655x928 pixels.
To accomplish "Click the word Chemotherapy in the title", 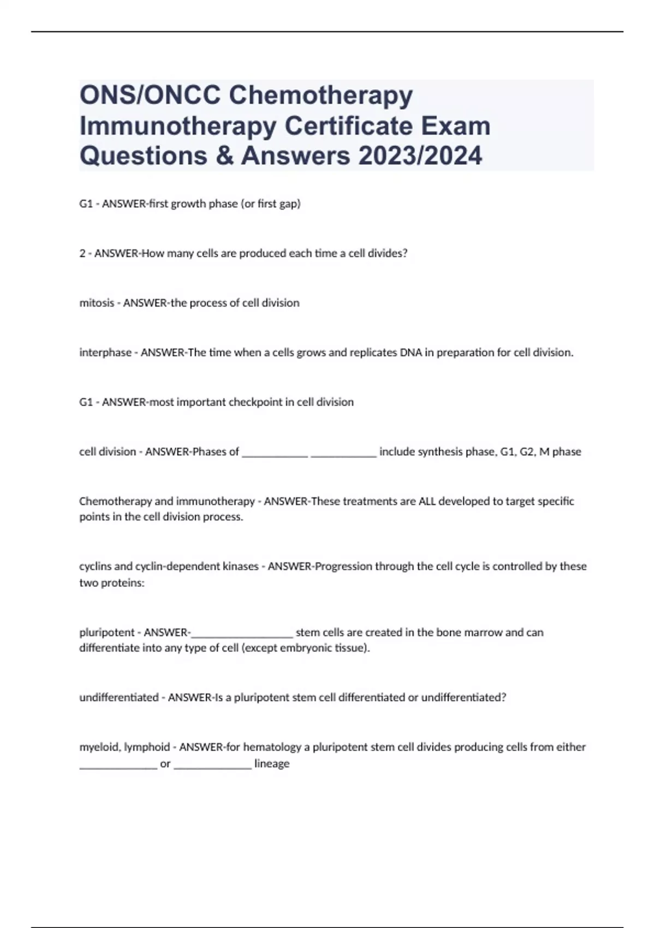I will pos(320,96).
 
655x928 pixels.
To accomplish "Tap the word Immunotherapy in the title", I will pos(177,127).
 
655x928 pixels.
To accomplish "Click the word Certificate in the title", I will pos(353,127).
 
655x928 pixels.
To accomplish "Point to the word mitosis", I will pos(97,303).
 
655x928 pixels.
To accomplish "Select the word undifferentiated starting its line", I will pos(118,697).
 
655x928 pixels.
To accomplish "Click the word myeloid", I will pos(100,747).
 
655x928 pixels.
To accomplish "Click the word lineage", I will pos(272,763).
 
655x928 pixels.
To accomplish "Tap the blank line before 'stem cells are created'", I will pos(242,633).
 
